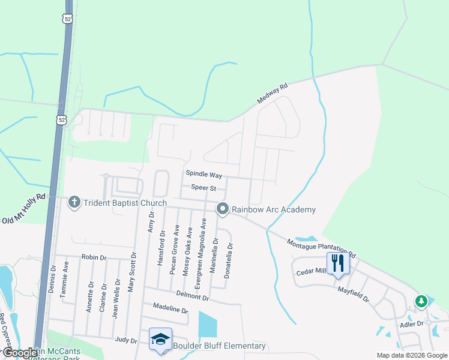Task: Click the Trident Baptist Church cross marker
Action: (74, 202)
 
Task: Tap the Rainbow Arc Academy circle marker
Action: (223, 209)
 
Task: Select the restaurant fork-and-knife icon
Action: (337, 262)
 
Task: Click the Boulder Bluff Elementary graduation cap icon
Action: (160, 340)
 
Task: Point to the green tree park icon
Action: (421, 301)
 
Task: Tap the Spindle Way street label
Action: (203, 175)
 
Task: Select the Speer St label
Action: (203, 187)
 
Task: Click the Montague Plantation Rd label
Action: (321, 247)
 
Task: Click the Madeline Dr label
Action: (170, 309)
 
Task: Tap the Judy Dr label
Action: (126, 340)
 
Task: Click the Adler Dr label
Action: (412, 323)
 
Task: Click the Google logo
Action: (20, 353)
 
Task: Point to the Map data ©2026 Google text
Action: (411, 355)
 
